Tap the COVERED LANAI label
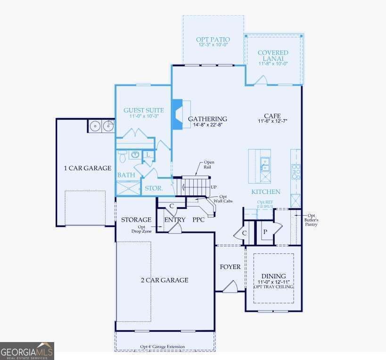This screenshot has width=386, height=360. coord(273,56)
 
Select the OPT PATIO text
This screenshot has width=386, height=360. coord(213,40)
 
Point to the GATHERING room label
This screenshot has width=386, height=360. coord(207,119)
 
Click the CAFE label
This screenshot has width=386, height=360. coord(272,116)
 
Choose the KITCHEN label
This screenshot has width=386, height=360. coord(266,192)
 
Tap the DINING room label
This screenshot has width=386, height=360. coord(273,276)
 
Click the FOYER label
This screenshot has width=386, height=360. coord(230,267)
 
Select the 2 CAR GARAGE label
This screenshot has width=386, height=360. coord(164,280)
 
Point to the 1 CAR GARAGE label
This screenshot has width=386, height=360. coord(88,168)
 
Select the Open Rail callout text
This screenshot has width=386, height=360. coord(209,165)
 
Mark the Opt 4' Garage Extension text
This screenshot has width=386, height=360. coord(163,347)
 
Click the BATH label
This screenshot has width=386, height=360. coord(126,175)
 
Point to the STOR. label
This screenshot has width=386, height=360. coord(154,188)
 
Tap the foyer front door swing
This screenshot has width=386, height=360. coord(230,287)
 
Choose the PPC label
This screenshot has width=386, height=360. coord(198,220)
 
